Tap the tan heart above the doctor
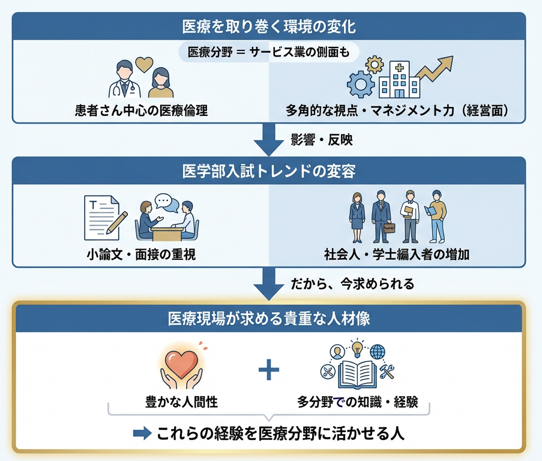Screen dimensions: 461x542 143,64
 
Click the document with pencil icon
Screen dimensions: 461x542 106,217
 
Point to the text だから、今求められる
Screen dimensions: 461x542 352,283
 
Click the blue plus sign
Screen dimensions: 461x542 269,370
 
